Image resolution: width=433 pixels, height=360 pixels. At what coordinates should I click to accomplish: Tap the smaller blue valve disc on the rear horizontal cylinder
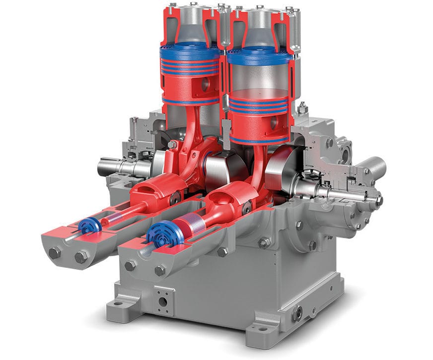[89, 226]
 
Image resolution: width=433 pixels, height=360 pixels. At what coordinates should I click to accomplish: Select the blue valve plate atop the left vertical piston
[189, 50]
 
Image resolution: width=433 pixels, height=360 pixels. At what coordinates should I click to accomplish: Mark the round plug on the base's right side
[298, 313]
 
